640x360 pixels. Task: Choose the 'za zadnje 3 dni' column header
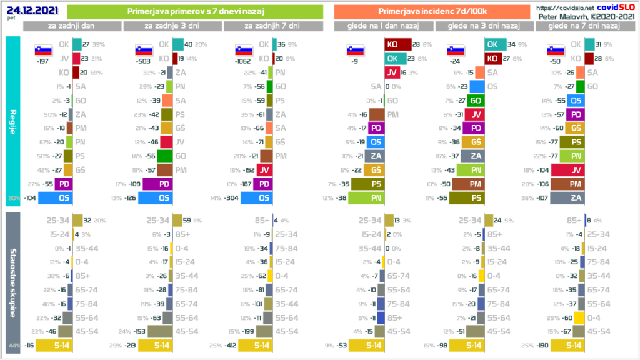point(172,26)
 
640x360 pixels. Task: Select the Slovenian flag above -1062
point(243,50)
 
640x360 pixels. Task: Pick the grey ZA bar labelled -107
point(576,198)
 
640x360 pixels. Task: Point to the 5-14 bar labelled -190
point(575,344)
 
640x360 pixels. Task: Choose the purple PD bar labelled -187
point(263,184)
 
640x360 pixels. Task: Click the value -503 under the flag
point(144,61)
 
